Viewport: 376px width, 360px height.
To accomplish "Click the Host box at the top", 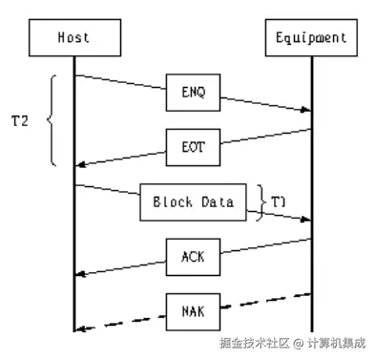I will pyautogui.click(x=74, y=38).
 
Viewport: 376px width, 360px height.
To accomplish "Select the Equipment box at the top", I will pyautogui.click(x=311, y=38).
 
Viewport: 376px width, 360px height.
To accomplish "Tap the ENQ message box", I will pyautogui.click(x=192, y=94).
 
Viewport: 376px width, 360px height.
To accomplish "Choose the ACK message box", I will pyautogui.click(x=192, y=255).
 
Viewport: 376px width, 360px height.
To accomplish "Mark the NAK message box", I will pyautogui.click(x=192, y=308).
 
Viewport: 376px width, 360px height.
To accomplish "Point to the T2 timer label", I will pyautogui.click(x=18, y=120).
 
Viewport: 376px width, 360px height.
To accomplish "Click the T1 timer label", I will pyautogui.click(x=277, y=202).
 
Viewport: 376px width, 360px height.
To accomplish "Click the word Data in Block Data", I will pyautogui.click(x=218, y=201).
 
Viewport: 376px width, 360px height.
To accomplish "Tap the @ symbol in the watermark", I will pyautogui.click(x=298, y=343).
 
